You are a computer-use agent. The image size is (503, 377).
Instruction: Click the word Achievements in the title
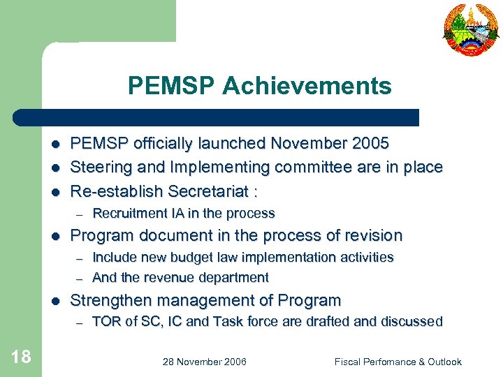[307, 86]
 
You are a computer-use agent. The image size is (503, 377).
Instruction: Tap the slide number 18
[21, 357]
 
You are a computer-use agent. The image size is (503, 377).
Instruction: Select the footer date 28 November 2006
[204, 362]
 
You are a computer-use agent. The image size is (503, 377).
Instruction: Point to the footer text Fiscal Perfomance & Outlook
[398, 362]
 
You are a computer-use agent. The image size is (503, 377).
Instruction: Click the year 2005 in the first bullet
[370, 144]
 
